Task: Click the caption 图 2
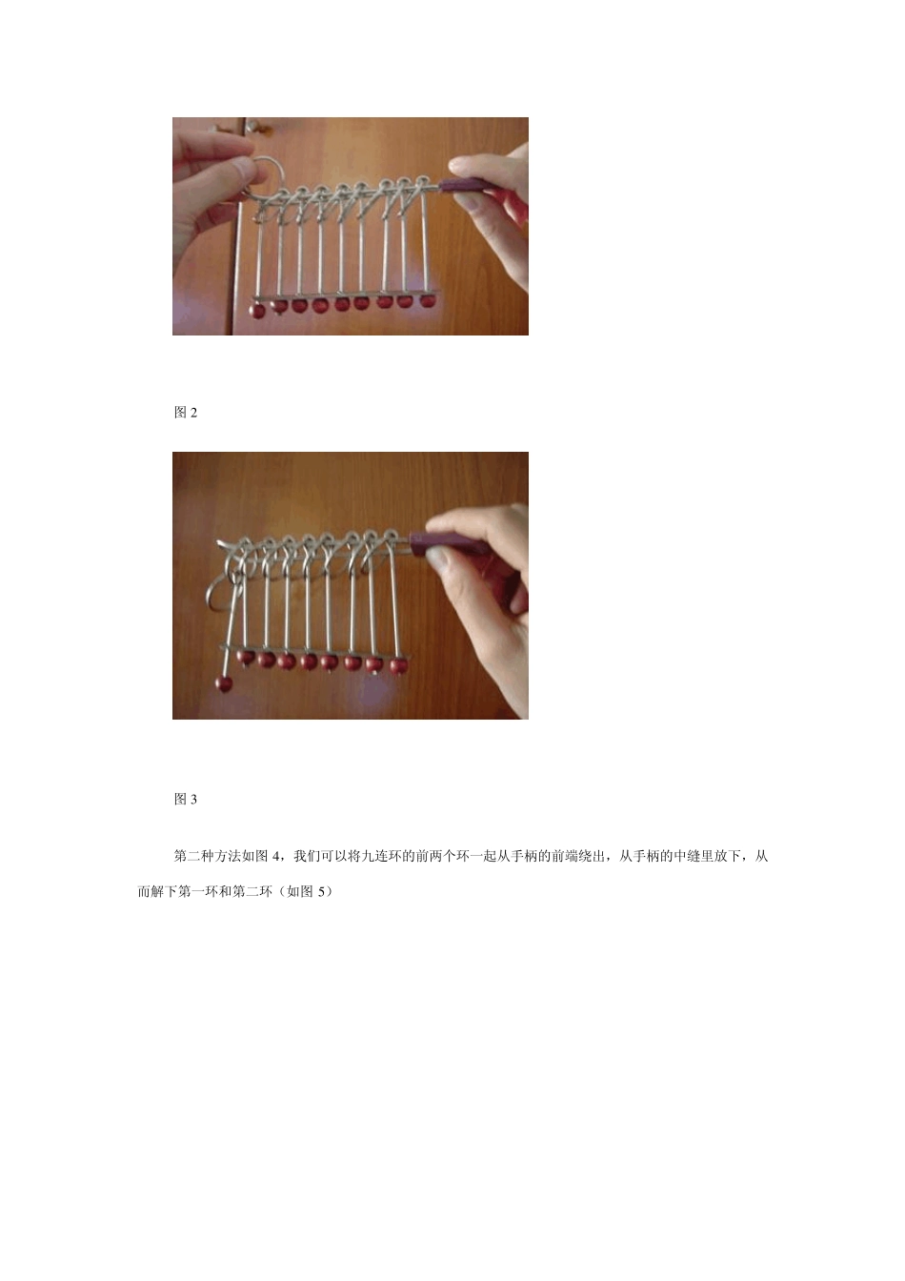(186, 413)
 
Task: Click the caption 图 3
(186, 799)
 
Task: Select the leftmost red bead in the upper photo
(258, 311)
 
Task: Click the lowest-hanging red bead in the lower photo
(224, 682)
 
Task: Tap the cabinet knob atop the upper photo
(218, 127)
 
